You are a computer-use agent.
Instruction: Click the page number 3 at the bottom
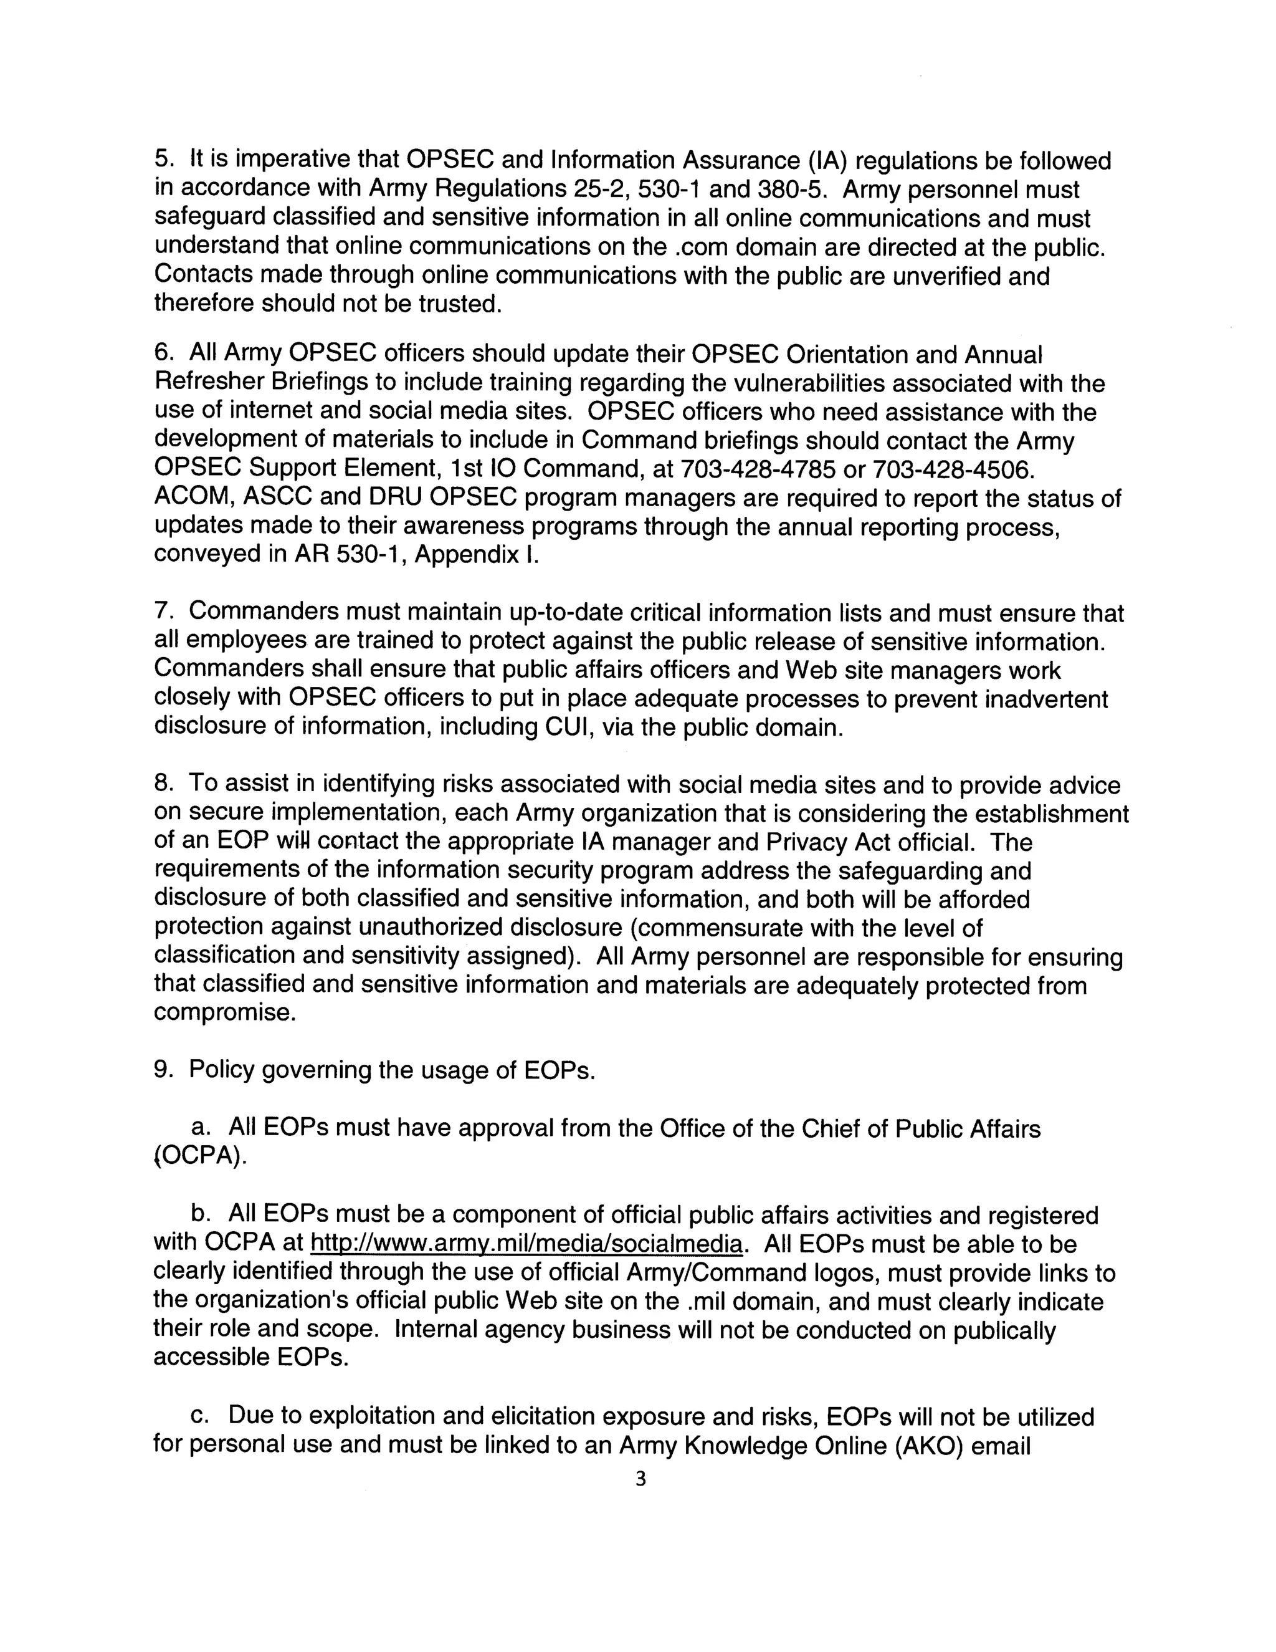(x=640, y=1479)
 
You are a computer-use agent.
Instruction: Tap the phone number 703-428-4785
(x=758, y=470)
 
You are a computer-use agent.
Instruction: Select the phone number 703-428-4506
(x=951, y=470)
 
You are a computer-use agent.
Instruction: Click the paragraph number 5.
(x=164, y=160)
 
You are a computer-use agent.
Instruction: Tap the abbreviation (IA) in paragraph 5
(x=826, y=160)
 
